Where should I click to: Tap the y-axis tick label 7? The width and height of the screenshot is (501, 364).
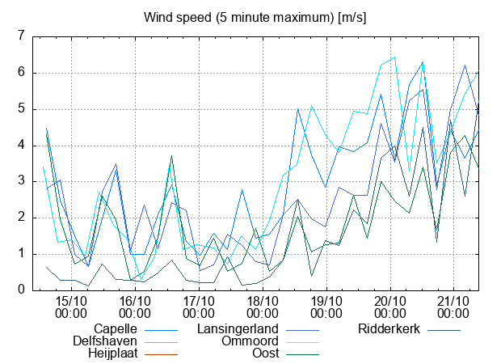click(x=22, y=36)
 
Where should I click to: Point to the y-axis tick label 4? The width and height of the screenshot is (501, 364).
click(x=22, y=146)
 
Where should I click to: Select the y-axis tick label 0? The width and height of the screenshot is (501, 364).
click(x=22, y=290)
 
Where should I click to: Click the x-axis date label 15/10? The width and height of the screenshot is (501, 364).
click(x=73, y=302)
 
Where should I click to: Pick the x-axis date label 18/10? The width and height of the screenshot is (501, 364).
click(x=263, y=302)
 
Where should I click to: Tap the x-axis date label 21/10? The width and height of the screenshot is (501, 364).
click(x=453, y=302)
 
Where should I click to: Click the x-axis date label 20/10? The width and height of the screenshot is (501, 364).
click(x=389, y=302)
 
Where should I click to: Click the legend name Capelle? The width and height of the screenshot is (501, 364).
click(x=116, y=329)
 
